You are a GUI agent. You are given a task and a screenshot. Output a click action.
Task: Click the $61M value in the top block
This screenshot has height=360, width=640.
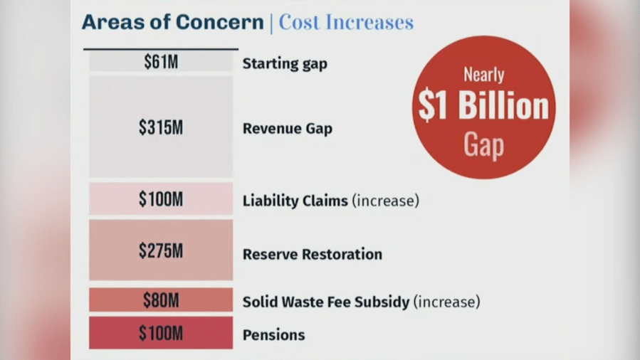[160, 62]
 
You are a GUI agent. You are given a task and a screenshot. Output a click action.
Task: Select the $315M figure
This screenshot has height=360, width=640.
[160, 127]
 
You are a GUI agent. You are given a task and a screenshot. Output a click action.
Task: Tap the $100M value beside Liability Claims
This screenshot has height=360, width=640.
[160, 200]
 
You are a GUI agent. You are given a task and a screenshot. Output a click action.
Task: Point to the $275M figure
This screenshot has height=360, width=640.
[160, 250]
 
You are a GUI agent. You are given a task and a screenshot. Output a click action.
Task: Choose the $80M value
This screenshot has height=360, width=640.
[160, 300]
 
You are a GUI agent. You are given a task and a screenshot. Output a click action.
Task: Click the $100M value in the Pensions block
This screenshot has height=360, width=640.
[160, 333]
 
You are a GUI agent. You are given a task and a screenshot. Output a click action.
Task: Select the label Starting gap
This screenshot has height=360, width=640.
[285, 64]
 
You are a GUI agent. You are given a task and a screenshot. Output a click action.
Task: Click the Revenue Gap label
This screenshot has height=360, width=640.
[287, 129]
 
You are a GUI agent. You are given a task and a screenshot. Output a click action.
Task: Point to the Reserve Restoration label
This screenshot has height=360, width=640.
[312, 255]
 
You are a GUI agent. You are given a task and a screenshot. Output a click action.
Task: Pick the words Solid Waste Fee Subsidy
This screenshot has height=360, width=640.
[325, 302]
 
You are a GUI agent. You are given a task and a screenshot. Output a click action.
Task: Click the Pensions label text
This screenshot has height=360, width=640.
[273, 335]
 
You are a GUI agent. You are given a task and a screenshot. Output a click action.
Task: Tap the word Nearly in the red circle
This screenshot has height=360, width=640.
[483, 74]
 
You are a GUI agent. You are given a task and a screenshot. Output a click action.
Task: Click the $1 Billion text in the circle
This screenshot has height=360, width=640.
[483, 107]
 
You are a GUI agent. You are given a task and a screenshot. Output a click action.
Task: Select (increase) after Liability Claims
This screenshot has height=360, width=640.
[385, 201]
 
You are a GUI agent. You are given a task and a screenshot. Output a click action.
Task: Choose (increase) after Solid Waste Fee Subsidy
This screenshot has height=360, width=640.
[446, 302]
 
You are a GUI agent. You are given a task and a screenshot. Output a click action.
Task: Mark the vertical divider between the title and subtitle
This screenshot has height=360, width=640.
[271, 23]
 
